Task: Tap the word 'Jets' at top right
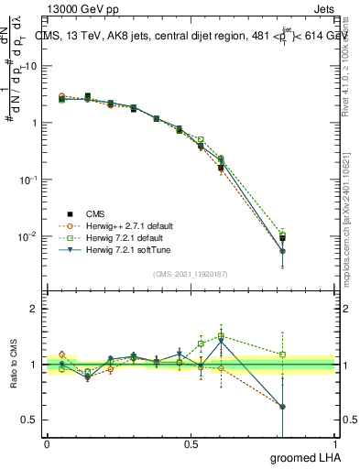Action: coord(323,8)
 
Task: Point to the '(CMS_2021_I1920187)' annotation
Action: coord(191,272)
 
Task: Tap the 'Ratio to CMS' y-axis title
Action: coord(14,365)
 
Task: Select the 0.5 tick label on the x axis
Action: coord(191,444)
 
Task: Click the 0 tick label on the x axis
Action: coord(47,444)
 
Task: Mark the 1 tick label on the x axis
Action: coord(334,444)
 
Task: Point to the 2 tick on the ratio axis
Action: coord(34,310)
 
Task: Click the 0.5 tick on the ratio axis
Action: coord(29,420)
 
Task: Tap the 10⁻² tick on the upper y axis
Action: coord(27,236)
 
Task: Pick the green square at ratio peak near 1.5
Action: coord(221,336)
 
